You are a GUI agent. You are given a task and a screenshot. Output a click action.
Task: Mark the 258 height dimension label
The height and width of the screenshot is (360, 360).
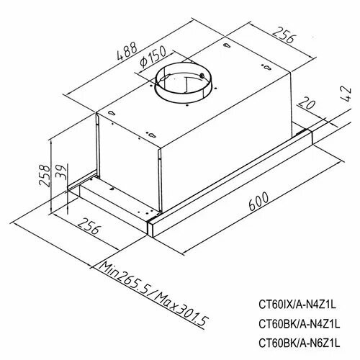point(45,175)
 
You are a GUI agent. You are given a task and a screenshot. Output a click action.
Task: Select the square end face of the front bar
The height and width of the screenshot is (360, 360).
point(154,228)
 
